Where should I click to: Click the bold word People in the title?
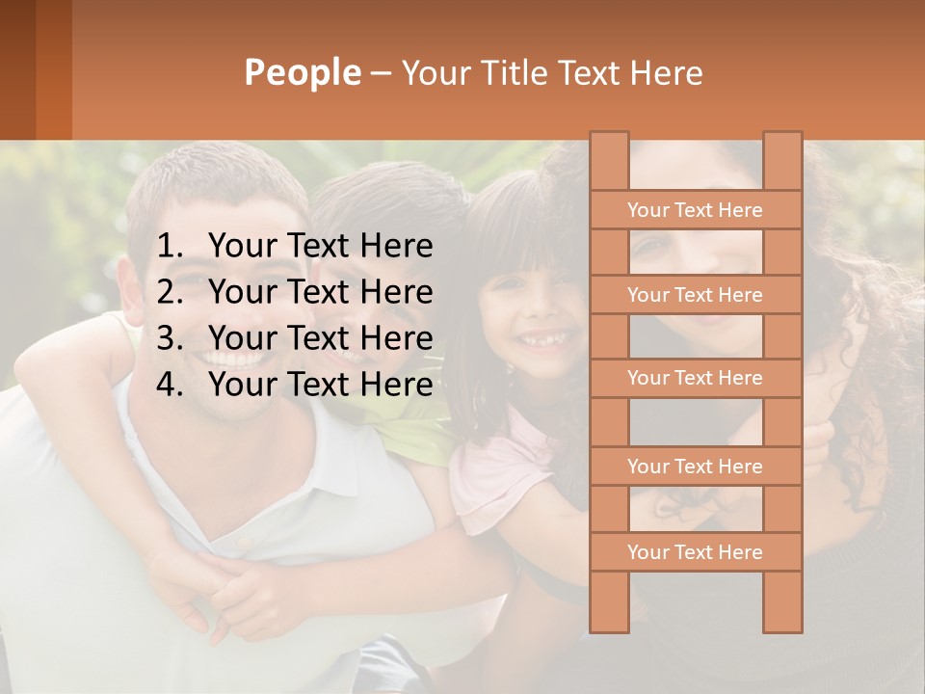(303, 72)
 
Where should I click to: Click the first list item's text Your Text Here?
(320, 247)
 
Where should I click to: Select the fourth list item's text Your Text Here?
(320, 385)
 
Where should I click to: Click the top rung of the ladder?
(695, 210)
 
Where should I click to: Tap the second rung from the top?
(695, 295)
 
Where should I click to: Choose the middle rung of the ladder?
(695, 379)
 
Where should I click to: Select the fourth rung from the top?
(695, 467)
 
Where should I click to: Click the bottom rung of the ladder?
(695, 552)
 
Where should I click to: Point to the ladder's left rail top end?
(609, 138)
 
